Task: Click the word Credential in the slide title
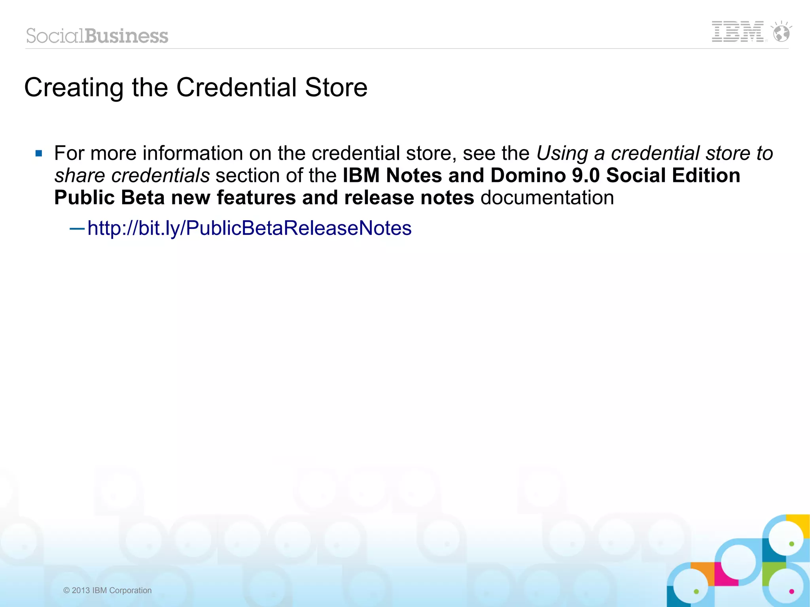pyautogui.click(x=236, y=87)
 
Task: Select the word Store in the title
pyautogui.click(x=336, y=87)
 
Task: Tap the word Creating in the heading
pyautogui.click(x=74, y=88)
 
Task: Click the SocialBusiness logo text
pyautogui.click(x=97, y=36)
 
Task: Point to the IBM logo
pyautogui.click(x=738, y=32)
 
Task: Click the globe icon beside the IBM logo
pyautogui.click(x=782, y=33)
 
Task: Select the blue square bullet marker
pyautogui.click(x=39, y=153)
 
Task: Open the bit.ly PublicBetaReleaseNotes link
pyautogui.click(x=249, y=228)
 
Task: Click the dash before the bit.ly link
pyautogui.click(x=77, y=229)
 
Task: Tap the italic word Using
pyautogui.click(x=562, y=153)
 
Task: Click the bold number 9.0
pyautogui.click(x=586, y=175)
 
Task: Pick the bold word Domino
pyautogui.click(x=528, y=175)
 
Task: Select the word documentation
pyautogui.click(x=547, y=197)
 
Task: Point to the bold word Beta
pyautogui.click(x=143, y=197)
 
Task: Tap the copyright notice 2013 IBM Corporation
pyautogui.click(x=108, y=590)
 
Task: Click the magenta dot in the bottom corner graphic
pyautogui.click(x=791, y=592)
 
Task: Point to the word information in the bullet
pyautogui.click(x=193, y=153)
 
